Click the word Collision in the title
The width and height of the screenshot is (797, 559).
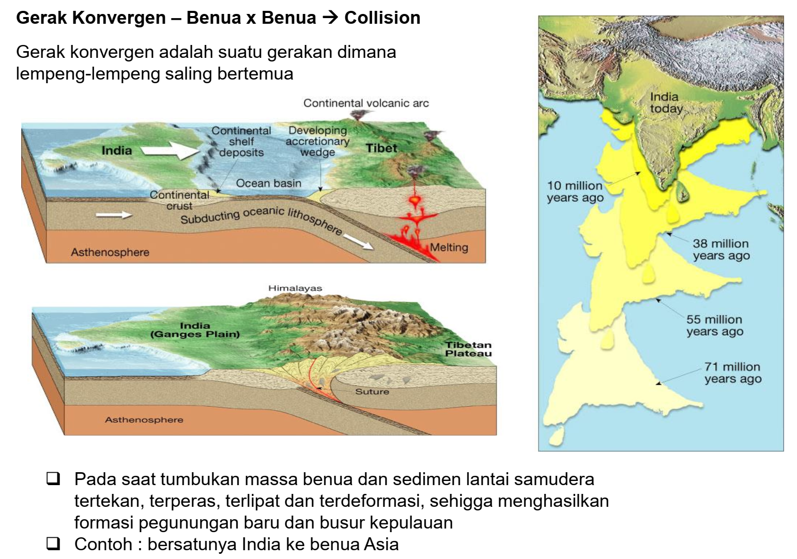(382, 18)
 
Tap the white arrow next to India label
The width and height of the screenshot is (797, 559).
(170, 150)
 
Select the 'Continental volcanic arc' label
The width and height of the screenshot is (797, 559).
(366, 103)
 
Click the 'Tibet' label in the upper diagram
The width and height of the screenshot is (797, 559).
(381, 148)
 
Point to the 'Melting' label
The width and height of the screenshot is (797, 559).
(449, 247)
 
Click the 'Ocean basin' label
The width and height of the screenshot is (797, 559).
(268, 183)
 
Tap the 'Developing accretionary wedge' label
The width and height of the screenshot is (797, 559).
(317, 141)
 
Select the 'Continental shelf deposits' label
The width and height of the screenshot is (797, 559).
(241, 142)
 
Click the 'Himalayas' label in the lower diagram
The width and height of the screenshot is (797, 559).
(295, 288)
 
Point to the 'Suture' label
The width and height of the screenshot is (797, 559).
(372, 392)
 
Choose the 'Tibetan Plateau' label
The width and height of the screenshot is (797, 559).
(468, 349)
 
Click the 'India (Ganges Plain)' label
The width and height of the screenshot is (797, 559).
(195, 330)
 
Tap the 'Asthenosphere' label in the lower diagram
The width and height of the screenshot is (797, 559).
(144, 420)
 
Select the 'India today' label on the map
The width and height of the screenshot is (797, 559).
(666, 103)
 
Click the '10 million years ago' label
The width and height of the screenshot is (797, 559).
(575, 192)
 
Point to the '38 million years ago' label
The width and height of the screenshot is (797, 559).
(721, 250)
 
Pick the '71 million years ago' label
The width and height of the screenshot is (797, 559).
(732, 373)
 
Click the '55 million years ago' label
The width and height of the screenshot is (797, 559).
(714, 325)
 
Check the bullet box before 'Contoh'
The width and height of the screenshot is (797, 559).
(53, 544)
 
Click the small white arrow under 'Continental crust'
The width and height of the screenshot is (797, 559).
(114, 214)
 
